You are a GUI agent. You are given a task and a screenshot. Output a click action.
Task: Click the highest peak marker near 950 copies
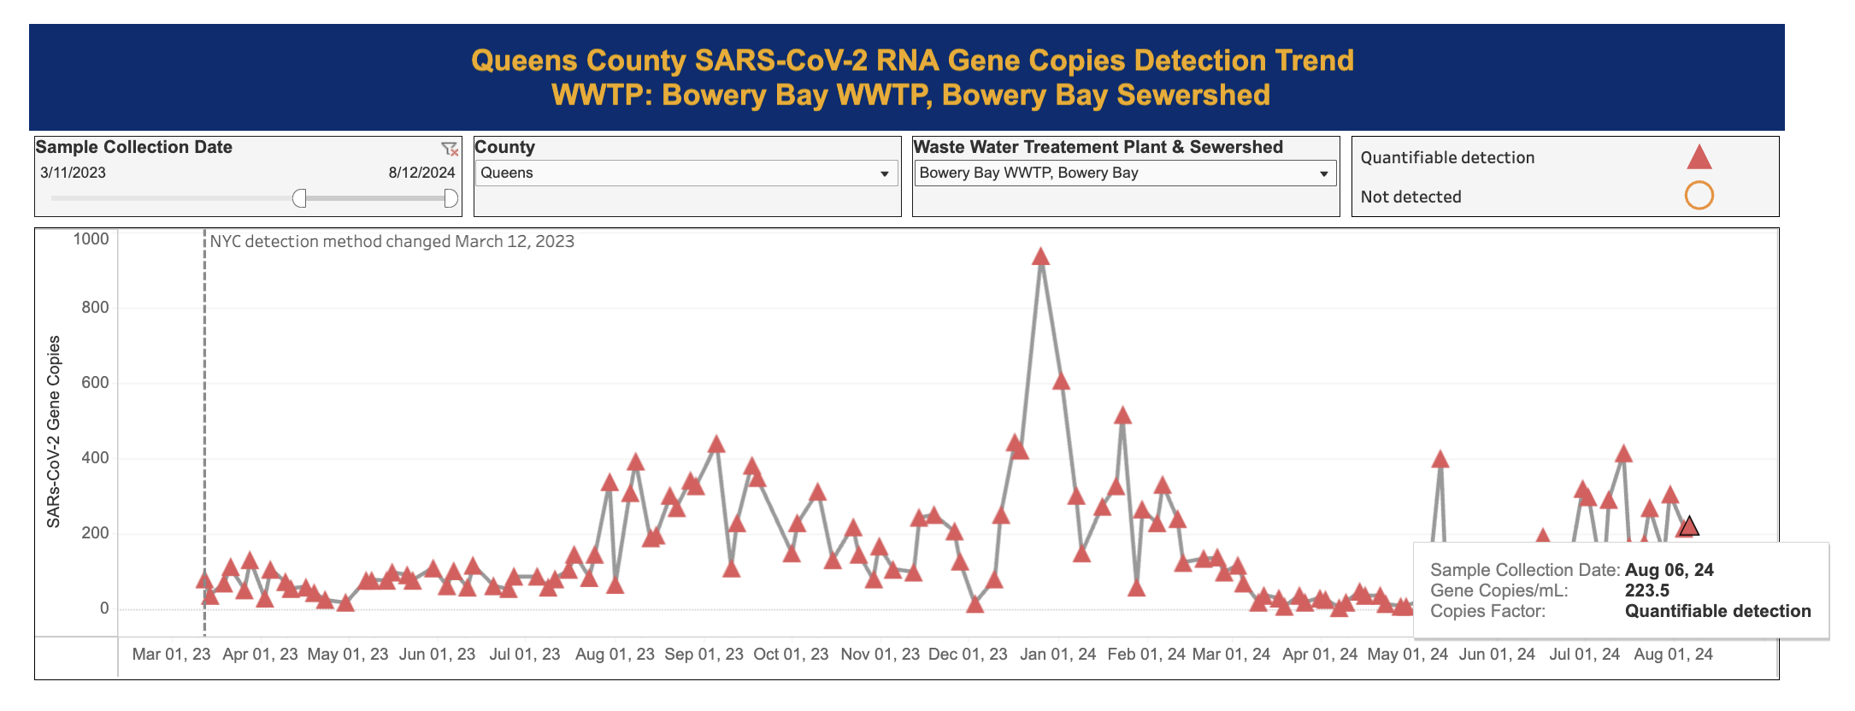1040,256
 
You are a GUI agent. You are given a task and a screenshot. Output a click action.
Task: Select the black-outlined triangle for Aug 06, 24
1688,526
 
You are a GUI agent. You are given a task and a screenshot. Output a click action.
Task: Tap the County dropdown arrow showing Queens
885,173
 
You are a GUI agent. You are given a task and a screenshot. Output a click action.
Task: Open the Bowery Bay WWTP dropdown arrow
1323,173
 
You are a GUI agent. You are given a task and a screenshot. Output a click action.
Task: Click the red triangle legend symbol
1699,157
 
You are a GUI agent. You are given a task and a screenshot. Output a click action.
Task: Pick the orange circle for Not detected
1699,196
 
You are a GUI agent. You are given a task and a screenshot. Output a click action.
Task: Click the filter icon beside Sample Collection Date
450,149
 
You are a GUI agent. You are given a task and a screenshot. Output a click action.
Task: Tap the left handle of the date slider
299,198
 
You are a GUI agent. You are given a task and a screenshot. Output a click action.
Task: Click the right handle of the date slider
450,198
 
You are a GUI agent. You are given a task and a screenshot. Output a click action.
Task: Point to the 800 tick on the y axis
95,307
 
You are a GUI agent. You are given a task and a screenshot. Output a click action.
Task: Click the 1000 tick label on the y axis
91,239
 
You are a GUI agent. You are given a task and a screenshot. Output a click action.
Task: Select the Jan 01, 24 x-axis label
1057,655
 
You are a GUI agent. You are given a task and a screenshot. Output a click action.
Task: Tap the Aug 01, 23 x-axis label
615,655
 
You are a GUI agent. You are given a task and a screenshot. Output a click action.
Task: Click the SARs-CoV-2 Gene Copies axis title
54,432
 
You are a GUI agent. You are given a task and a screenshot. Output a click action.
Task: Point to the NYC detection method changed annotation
392,242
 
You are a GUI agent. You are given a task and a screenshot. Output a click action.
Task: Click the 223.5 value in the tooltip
1646,591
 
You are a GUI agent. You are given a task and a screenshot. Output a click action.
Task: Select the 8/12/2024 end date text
421,173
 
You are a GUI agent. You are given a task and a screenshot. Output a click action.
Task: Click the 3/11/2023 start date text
73,173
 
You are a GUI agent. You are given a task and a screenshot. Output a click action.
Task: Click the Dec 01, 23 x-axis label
968,655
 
